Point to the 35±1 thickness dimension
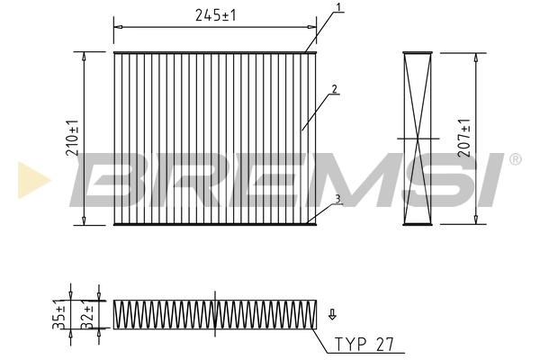pyautogui.click(x=60, y=314)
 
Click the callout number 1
pyautogui.click(x=338, y=9)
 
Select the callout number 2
pyautogui.click(x=333, y=89)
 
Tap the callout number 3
pyautogui.click(x=337, y=200)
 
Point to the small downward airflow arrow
pyautogui.click(x=332, y=314)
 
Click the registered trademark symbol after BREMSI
pyautogui.click(x=515, y=159)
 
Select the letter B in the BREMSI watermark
pyautogui.click(x=112, y=179)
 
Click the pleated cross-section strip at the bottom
pyautogui.click(x=215, y=313)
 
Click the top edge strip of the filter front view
pyautogui.click(x=216, y=52)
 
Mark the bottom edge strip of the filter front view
pyautogui.click(x=216, y=224)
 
